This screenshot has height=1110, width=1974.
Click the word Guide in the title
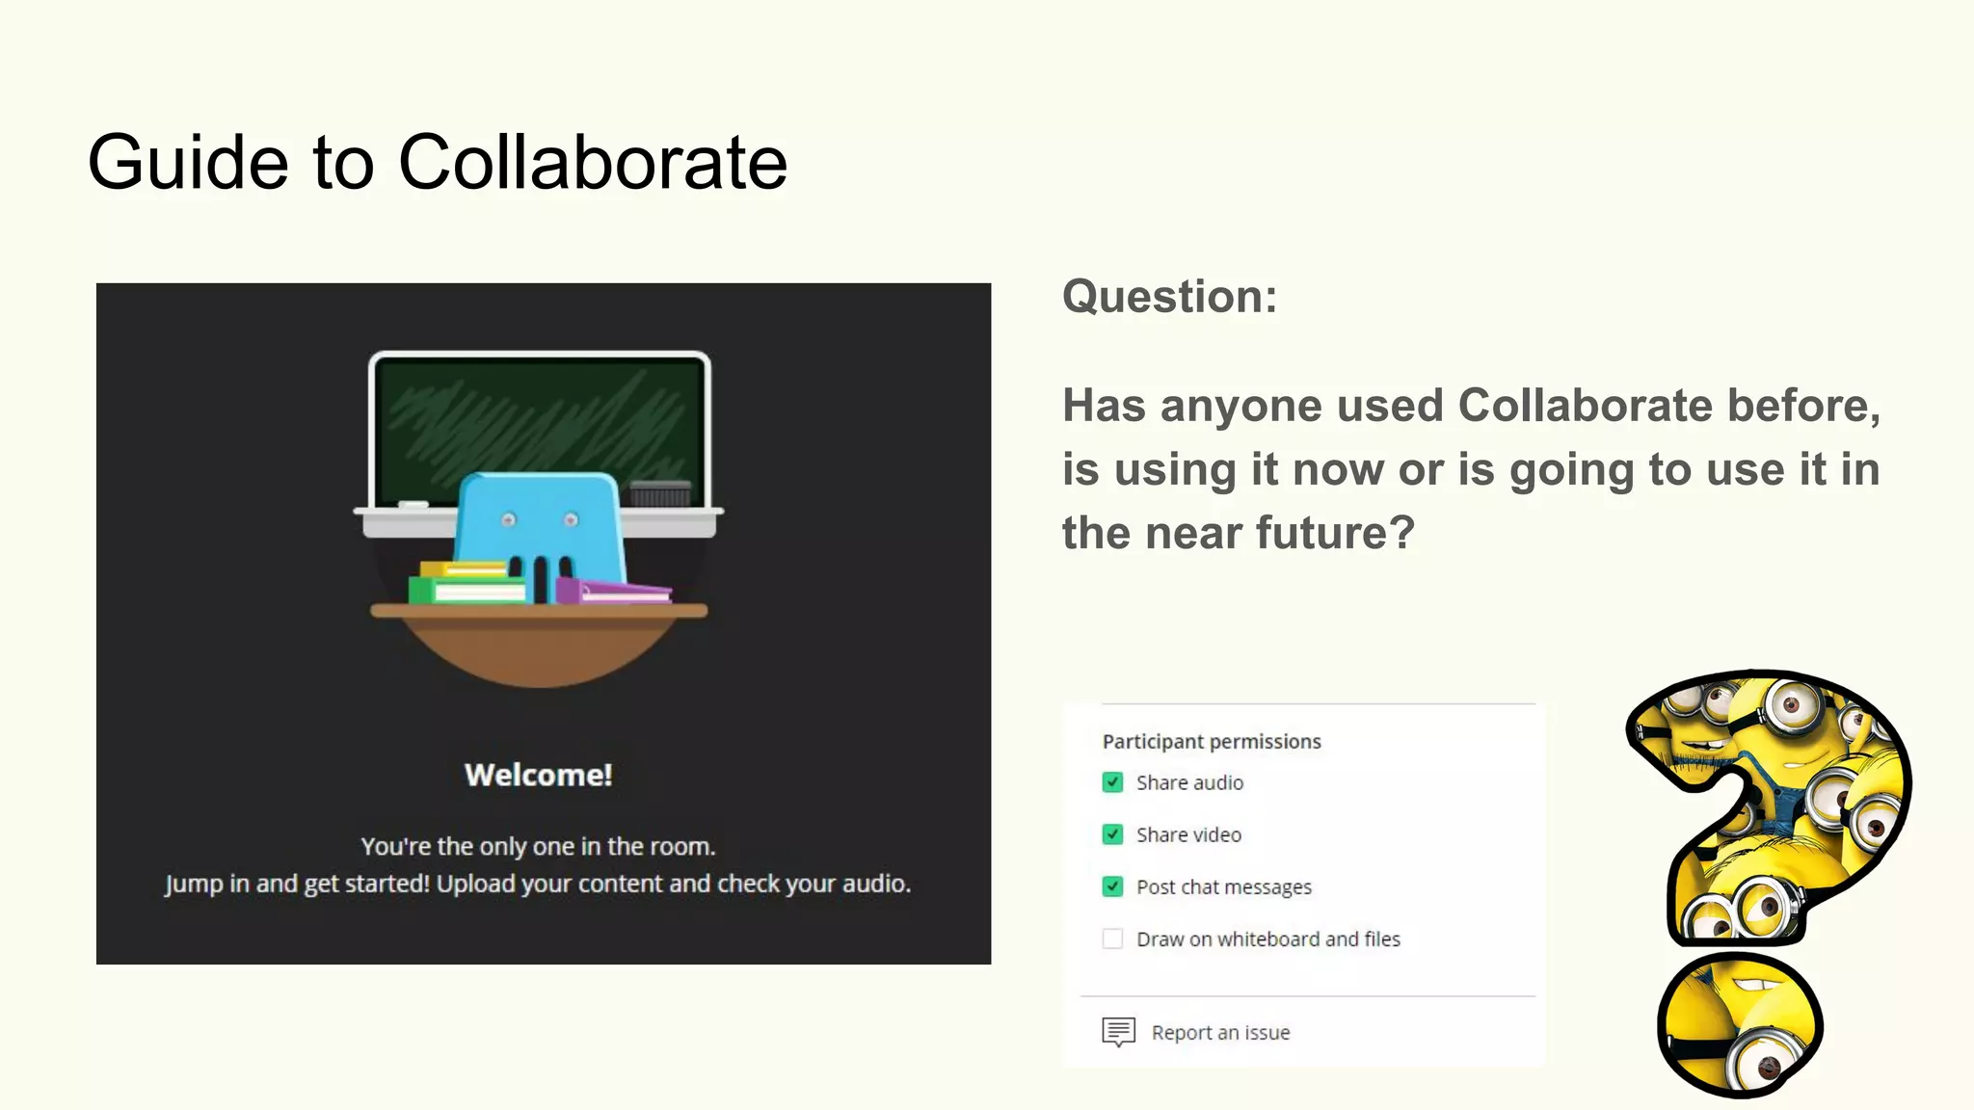(188, 162)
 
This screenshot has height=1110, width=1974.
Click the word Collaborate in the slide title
(592, 162)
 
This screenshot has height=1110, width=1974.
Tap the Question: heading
(1169, 296)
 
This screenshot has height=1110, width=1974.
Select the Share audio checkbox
(1112, 782)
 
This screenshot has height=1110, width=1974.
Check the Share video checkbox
(1112, 834)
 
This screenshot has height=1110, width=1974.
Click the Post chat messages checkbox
(1112, 886)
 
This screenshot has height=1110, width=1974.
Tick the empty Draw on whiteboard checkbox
(1112, 938)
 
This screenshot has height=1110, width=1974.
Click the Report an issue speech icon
(1118, 1032)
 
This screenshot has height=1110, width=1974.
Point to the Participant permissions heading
(1212, 741)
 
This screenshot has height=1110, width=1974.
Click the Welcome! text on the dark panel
(538, 775)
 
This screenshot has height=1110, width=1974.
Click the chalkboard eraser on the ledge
(659, 493)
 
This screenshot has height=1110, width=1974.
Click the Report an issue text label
(1220, 1032)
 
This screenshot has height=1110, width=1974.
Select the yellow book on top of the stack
(463, 568)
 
